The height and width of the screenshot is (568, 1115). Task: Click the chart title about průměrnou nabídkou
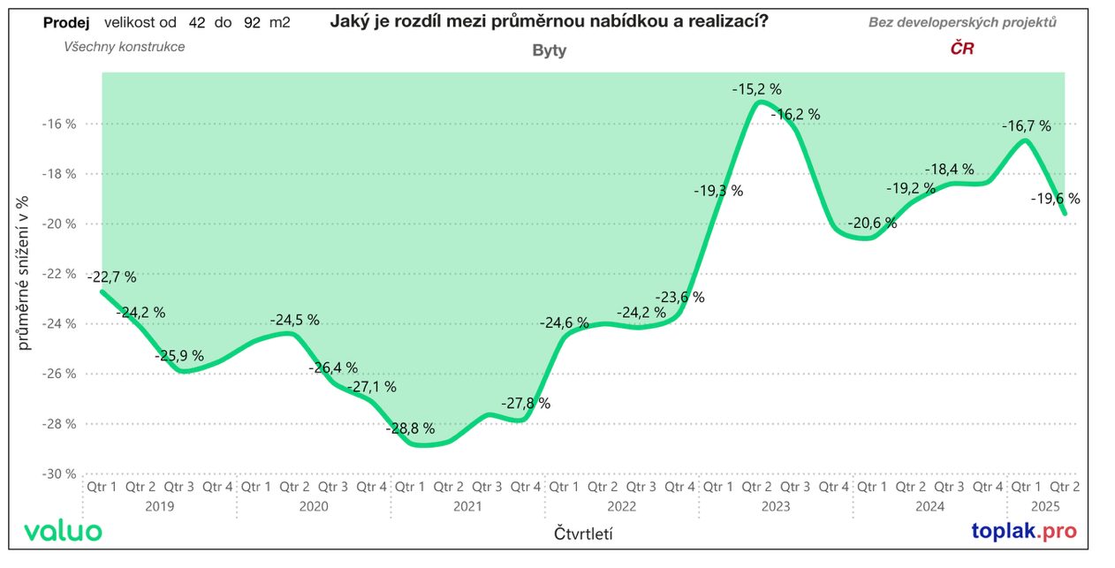[x=549, y=22]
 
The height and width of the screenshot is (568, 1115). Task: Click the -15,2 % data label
[x=756, y=89]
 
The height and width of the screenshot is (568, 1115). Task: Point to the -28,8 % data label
[x=410, y=428]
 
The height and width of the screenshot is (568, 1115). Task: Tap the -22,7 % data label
[x=112, y=276]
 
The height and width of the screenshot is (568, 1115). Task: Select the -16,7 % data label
[x=1026, y=126]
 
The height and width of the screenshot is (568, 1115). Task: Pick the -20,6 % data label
[x=872, y=223]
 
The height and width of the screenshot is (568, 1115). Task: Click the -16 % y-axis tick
[x=59, y=124]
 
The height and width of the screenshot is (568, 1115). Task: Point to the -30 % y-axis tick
[x=59, y=473]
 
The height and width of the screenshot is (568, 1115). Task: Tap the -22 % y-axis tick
[x=59, y=274]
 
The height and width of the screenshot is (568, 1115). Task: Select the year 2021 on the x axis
[x=468, y=507]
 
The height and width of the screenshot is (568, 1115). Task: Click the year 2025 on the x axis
[x=1046, y=507]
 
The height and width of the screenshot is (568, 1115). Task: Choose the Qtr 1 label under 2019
[x=102, y=487]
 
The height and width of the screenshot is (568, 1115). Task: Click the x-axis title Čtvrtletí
[x=584, y=534]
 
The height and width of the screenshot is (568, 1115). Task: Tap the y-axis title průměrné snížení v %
[x=24, y=274]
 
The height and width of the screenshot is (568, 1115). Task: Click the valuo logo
[x=63, y=532]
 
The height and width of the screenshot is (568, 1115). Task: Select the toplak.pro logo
[x=1024, y=532]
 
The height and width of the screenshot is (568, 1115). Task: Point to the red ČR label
[x=961, y=49]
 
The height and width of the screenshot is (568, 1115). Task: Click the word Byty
[x=550, y=50]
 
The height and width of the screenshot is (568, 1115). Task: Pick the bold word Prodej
[x=66, y=23]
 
